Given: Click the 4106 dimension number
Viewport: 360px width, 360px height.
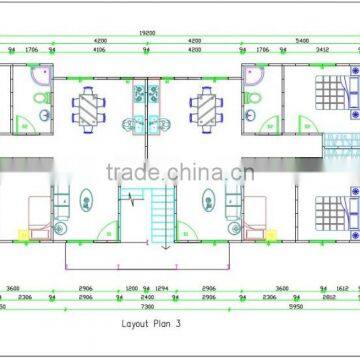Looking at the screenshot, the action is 99,47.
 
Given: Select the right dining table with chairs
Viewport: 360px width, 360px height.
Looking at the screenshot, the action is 209,104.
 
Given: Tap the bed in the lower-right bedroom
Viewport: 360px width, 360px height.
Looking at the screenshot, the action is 331,212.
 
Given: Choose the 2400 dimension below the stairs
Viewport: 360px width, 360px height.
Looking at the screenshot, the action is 146,298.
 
